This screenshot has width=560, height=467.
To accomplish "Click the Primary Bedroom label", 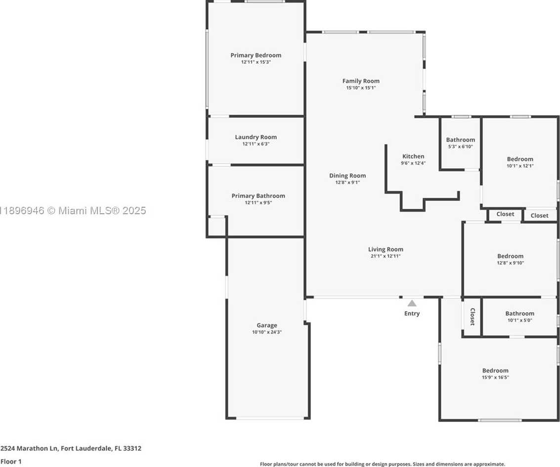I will [256, 55].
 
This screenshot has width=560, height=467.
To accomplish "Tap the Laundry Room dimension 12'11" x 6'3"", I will [256, 144].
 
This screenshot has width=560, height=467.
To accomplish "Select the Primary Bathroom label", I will [258, 196].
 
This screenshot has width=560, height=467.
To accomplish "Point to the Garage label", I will [266, 325].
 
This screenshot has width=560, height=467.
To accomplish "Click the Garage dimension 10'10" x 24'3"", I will [266, 332].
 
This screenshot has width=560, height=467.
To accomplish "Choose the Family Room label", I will [361, 81].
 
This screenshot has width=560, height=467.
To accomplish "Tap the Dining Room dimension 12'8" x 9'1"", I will [347, 182].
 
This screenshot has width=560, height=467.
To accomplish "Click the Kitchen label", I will [413, 156].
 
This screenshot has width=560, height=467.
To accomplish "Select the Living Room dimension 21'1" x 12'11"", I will [385, 256].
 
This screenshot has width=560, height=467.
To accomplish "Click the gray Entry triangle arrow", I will [412, 303].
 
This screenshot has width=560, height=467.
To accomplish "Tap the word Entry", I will [412, 313].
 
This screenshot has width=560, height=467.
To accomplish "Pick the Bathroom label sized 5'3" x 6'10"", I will [460, 140].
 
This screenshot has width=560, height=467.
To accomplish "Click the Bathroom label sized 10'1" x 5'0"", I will [519, 313].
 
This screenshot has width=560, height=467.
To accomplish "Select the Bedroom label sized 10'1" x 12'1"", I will [520, 159].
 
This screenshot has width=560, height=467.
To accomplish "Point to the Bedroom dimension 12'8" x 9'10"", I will [510, 263].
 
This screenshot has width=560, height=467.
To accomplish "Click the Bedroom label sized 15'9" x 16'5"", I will [495, 371].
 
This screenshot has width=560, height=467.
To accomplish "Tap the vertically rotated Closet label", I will [472, 317].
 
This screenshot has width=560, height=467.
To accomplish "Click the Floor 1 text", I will [11, 462].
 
